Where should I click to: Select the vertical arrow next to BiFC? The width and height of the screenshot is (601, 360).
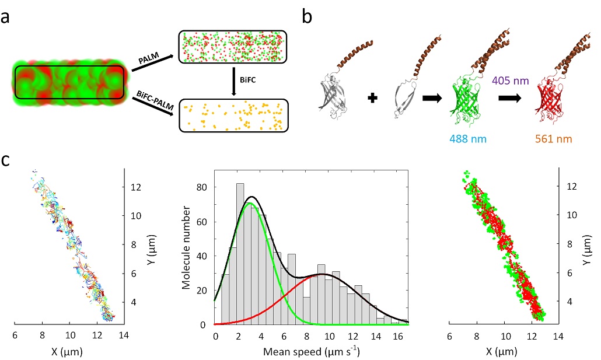click(x=233, y=82)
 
